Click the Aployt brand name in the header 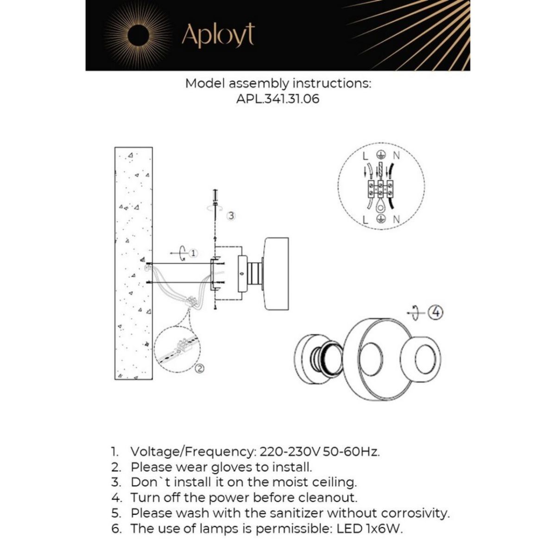(218, 35)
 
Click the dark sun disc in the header (139, 35)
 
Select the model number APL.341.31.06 (278, 99)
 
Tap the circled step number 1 (194, 253)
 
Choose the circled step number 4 (436, 313)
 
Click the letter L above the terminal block (365, 156)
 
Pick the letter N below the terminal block (397, 220)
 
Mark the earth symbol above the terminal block (380, 156)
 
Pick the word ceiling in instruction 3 (334, 482)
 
